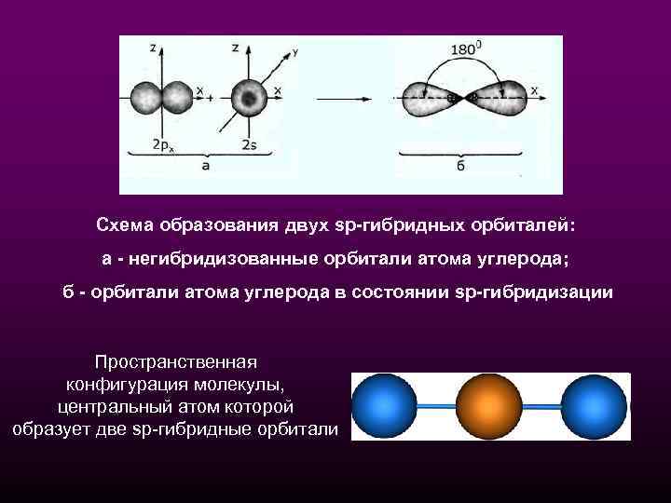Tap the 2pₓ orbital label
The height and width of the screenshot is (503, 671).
[x=162, y=144]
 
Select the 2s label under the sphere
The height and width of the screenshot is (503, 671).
[x=250, y=144]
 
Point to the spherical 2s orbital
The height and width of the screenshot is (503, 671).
[x=248, y=96]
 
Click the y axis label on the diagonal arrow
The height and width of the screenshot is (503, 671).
[x=295, y=54]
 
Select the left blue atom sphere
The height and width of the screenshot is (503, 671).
[x=384, y=406]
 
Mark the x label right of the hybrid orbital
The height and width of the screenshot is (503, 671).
[x=535, y=89]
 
